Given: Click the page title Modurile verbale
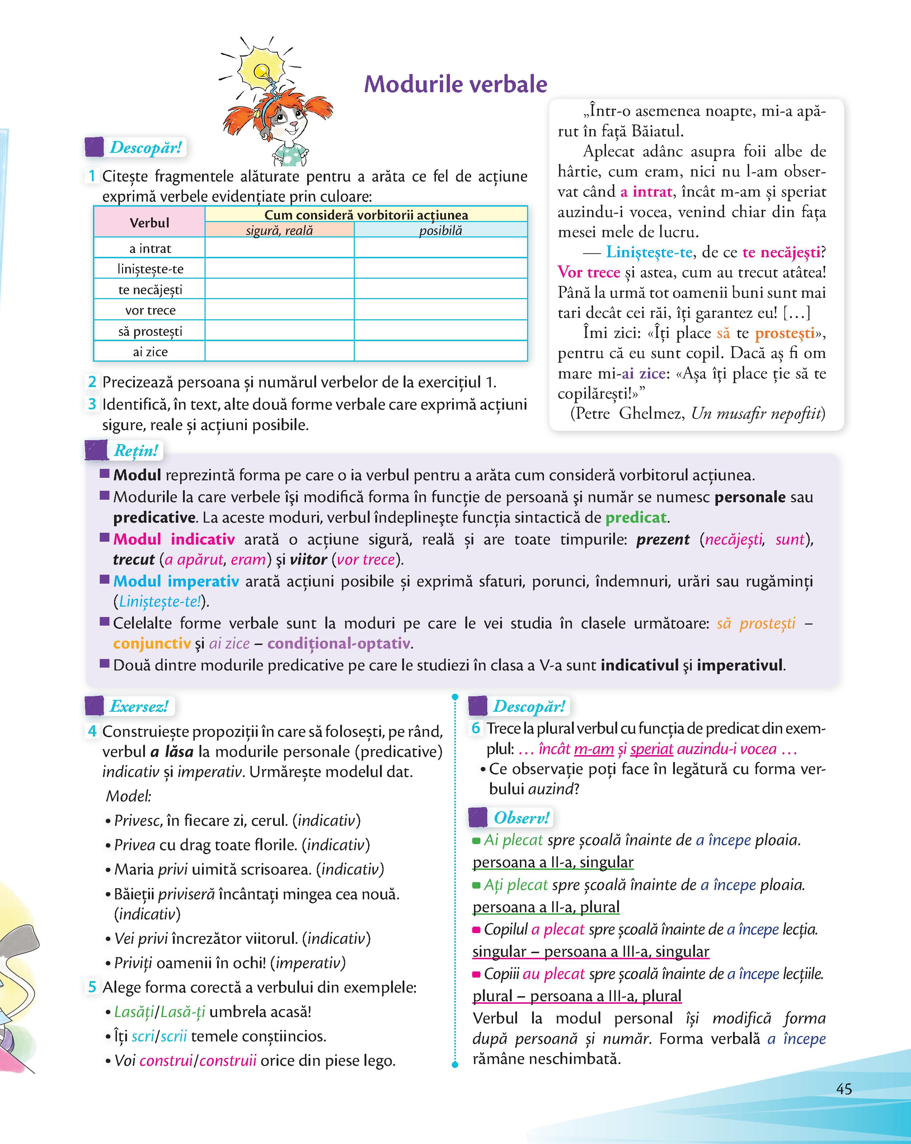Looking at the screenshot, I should point(455,84).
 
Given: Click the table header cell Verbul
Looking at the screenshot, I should point(149,223).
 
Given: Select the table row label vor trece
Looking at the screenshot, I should point(150,310).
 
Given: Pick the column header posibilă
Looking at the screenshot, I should point(440,231).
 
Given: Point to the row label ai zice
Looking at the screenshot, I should point(150,352).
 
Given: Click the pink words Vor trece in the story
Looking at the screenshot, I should point(588,272).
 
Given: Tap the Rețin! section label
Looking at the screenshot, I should point(136,451).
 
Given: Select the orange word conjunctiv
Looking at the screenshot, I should point(152,644).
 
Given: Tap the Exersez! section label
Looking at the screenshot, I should point(138,706).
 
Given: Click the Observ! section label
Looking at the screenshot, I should point(521,818).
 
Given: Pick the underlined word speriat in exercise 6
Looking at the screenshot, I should point(652,749).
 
